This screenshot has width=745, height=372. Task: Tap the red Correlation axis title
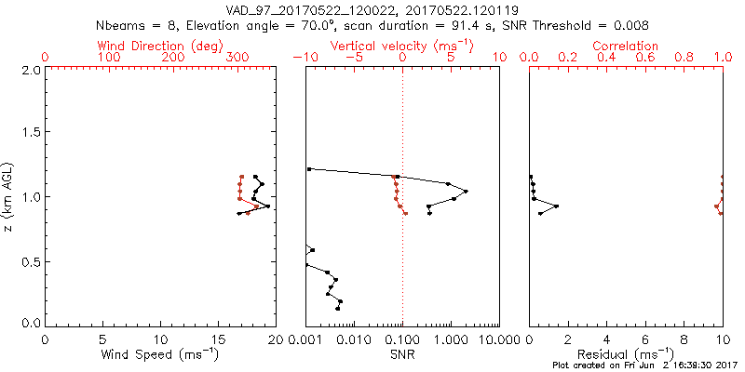click(626, 46)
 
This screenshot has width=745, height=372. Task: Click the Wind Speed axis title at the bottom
click(160, 354)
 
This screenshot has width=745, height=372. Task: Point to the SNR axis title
click(401, 354)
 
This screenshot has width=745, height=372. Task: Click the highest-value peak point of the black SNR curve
click(466, 191)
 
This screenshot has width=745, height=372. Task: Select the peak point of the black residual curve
click(556, 206)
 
